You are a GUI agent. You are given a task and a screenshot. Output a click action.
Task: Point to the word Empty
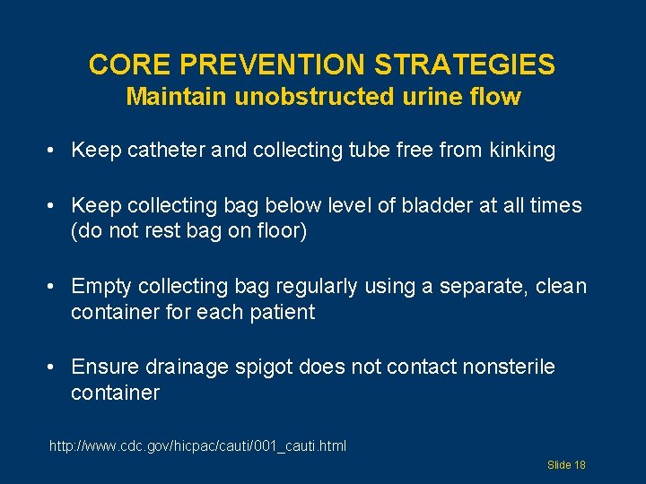[x=100, y=286]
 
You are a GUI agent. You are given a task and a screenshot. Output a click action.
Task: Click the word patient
[x=283, y=312]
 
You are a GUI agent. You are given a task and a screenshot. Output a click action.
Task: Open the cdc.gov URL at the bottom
[x=198, y=445]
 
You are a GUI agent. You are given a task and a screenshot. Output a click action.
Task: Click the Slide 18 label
[x=566, y=465]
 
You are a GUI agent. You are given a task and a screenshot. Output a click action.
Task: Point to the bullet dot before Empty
[x=56, y=286]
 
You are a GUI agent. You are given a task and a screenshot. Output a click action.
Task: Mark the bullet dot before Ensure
[x=56, y=367]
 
